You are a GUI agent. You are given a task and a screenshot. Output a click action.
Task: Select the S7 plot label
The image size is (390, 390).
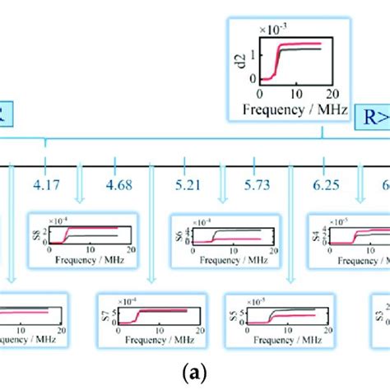(104, 318)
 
